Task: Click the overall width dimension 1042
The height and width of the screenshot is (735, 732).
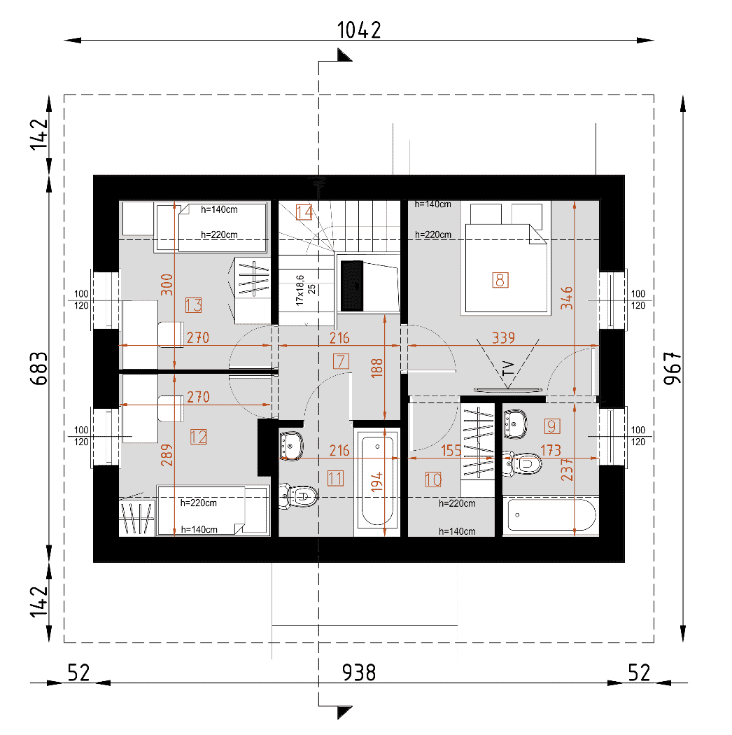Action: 359,30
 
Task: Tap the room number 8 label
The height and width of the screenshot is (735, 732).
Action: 500,280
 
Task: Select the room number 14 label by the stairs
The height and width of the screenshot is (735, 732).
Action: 304,212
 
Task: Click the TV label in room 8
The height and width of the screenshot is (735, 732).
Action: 508,368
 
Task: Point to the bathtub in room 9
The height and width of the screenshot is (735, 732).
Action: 551,515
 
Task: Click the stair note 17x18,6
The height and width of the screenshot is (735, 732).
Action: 300,290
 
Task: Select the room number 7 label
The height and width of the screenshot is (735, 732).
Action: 341,361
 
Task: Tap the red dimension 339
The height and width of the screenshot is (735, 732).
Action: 503,337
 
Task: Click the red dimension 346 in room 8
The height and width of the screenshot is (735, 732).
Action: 567,297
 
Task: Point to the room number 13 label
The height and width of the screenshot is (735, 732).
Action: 193,305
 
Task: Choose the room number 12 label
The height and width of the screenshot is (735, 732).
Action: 198,437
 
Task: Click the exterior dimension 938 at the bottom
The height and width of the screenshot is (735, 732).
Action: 359,672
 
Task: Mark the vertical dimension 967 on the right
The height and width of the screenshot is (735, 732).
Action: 672,368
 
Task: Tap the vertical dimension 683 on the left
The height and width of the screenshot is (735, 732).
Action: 39,368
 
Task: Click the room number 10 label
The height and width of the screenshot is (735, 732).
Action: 433,479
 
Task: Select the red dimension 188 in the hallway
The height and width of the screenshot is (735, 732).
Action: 376,368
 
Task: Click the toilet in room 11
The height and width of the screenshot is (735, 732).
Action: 299,496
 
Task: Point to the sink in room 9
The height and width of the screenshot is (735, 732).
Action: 515,423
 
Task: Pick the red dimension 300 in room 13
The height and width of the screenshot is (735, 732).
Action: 167,284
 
